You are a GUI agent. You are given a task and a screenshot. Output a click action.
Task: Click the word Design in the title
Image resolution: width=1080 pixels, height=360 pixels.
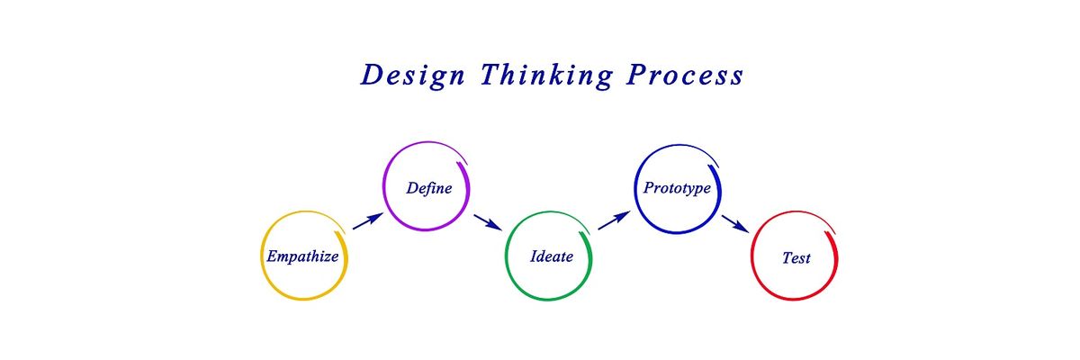tap(413, 76)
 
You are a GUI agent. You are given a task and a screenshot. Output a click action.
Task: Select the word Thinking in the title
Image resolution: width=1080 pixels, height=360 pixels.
tap(547, 76)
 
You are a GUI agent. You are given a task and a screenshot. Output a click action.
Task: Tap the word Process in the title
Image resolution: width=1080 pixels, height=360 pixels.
tap(685, 76)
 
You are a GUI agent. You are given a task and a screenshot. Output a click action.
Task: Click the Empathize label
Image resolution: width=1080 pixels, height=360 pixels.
tap(302, 256)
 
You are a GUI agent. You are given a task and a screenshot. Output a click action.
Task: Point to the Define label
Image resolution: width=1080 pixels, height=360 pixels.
tap(429, 188)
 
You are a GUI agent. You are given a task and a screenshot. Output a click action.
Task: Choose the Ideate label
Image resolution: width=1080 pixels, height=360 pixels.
tap(552, 256)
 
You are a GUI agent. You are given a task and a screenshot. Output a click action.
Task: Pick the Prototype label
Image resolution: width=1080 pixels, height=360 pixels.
tap(677, 188)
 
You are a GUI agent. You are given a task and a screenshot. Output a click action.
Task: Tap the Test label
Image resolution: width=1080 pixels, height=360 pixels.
tap(796, 258)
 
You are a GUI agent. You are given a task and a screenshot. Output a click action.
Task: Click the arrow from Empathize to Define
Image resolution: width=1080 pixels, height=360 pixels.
tap(368, 220)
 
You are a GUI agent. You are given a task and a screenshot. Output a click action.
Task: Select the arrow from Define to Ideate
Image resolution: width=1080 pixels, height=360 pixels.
tap(488, 222)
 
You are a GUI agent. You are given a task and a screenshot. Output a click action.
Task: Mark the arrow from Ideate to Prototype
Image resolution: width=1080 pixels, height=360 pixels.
tap(614, 220)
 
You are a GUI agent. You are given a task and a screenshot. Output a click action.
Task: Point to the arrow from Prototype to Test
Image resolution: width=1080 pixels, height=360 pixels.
tap(735, 223)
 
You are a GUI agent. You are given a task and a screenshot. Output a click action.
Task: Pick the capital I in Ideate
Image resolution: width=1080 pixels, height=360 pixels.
tap(535, 256)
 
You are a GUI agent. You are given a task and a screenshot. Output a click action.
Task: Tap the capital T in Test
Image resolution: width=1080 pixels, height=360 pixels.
tap(787, 257)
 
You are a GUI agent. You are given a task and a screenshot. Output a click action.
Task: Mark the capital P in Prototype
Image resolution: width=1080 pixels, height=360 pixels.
tap(649, 187)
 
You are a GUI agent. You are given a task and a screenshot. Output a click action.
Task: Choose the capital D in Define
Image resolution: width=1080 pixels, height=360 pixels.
tap(412, 187)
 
